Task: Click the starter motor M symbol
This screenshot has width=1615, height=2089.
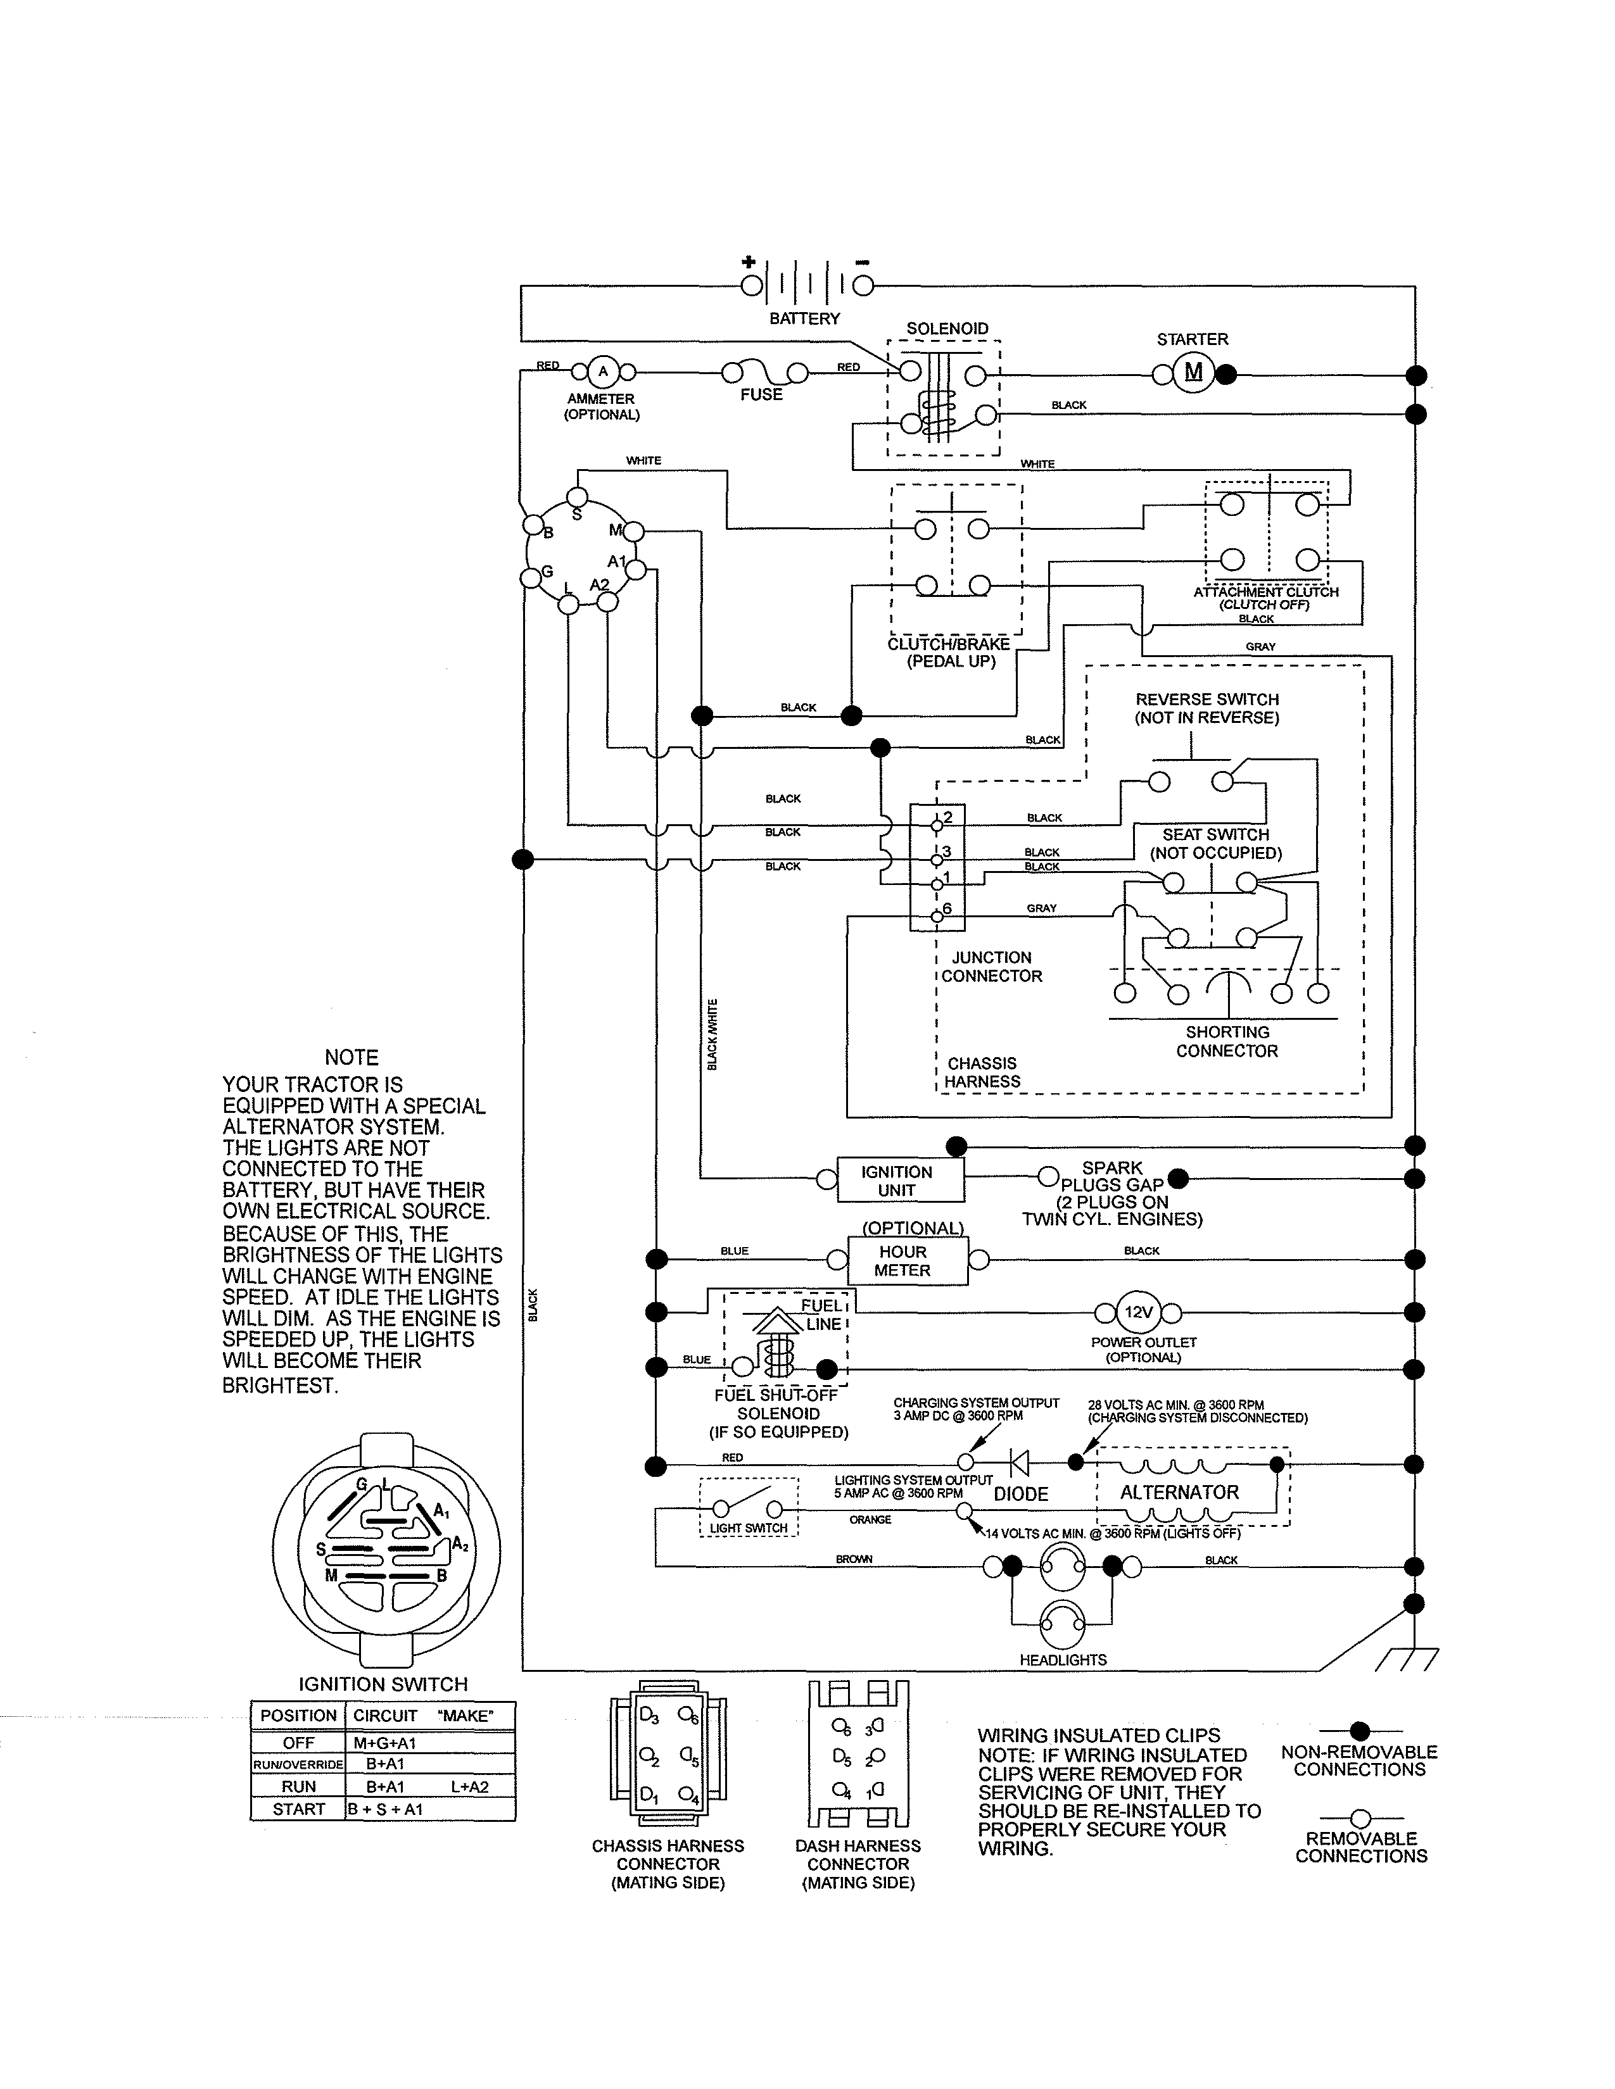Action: pyautogui.click(x=1193, y=372)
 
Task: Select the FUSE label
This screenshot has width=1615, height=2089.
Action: pyautogui.click(x=761, y=394)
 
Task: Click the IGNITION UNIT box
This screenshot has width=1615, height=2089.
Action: pyautogui.click(x=899, y=1181)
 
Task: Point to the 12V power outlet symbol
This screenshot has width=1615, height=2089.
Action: pyautogui.click(x=1137, y=1312)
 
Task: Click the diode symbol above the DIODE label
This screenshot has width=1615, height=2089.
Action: pyautogui.click(x=1020, y=1462)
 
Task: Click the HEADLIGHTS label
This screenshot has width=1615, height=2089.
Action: pyautogui.click(x=1062, y=1660)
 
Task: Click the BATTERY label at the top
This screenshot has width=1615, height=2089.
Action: pyautogui.click(x=804, y=318)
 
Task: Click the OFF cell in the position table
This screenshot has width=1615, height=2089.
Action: pyautogui.click(x=298, y=1743)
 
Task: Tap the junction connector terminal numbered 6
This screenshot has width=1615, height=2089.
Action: pyautogui.click(x=937, y=917)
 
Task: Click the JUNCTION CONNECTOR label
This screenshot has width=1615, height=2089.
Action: pyautogui.click(x=991, y=966)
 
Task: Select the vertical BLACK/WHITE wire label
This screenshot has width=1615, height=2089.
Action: pyautogui.click(x=712, y=1034)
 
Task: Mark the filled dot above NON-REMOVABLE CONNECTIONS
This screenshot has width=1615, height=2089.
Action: pyautogui.click(x=1360, y=1730)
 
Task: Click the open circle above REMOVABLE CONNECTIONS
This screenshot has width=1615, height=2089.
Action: pyautogui.click(x=1360, y=1818)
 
